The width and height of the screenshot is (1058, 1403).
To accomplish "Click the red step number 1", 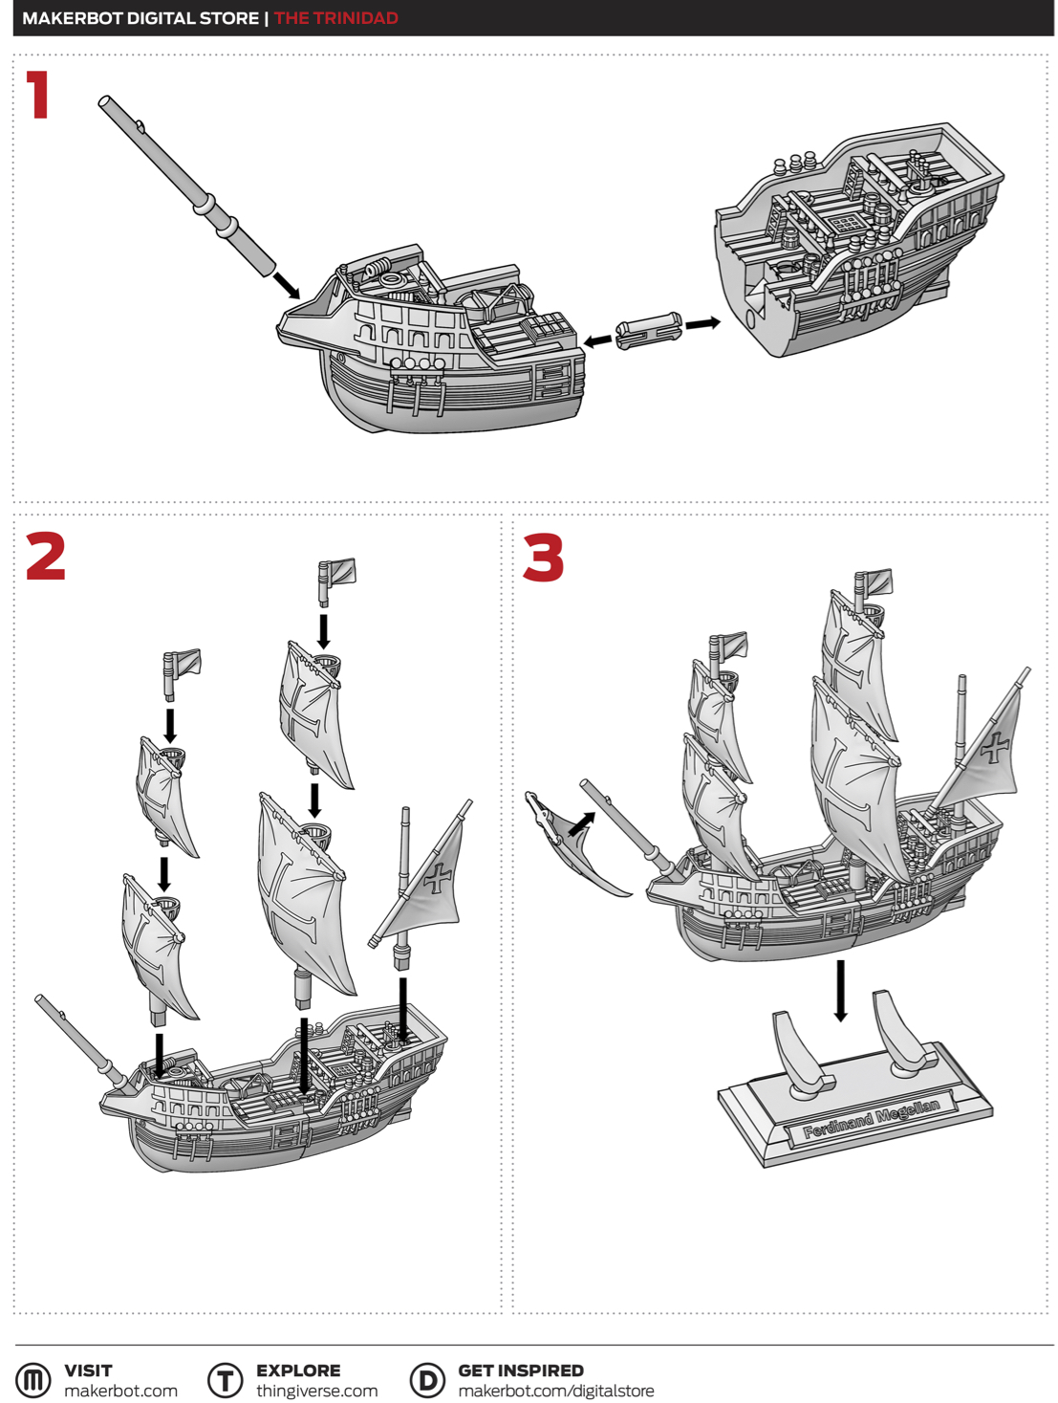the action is [x=38, y=95].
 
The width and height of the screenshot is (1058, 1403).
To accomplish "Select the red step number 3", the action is [x=543, y=558].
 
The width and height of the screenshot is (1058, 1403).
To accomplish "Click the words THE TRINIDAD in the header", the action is [x=335, y=18].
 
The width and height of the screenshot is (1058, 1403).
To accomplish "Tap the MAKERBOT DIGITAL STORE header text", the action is [x=140, y=18].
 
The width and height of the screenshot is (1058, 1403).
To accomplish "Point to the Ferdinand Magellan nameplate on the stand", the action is [x=871, y=1119].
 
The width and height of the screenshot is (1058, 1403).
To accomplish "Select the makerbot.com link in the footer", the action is [x=120, y=1391].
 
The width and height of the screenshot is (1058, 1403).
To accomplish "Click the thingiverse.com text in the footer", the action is [x=316, y=1391].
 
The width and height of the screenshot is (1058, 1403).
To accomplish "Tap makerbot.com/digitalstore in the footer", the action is [x=555, y=1391].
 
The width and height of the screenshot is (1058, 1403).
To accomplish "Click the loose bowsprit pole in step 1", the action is [x=186, y=186].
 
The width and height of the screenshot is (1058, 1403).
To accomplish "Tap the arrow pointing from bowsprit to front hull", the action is [x=287, y=286].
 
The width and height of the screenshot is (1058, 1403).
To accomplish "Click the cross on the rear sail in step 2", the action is [x=438, y=878].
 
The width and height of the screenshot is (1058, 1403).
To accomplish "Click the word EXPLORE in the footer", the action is [x=298, y=1370].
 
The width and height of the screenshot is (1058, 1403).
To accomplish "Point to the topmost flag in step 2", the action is [x=336, y=581].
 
